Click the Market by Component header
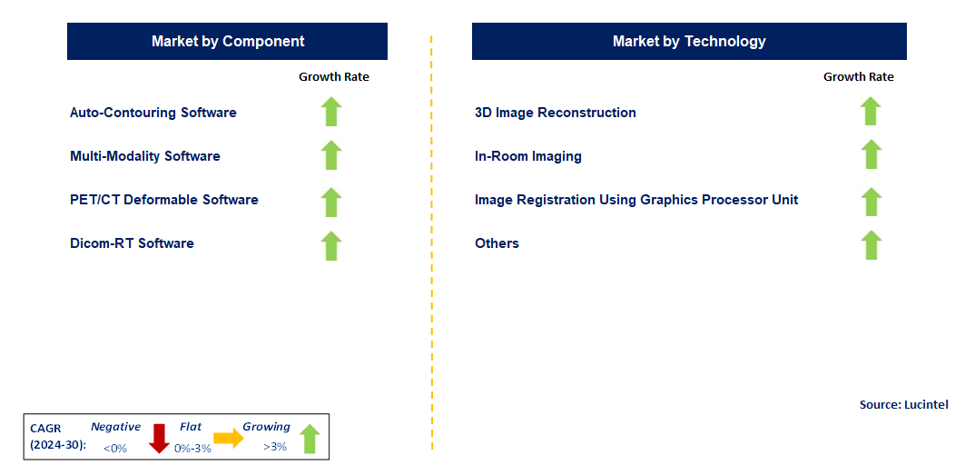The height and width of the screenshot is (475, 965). tap(227, 42)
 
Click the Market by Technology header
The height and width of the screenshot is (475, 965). tap(689, 42)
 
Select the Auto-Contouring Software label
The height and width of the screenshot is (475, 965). tap(153, 113)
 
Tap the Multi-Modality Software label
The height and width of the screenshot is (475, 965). tap(145, 156)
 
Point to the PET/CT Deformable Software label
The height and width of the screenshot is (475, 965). tap(164, 200)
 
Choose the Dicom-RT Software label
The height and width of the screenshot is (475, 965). tap(132, 243)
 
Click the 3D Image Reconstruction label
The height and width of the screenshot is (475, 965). tap(556, 113)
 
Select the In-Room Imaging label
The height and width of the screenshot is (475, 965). tap(528, 156)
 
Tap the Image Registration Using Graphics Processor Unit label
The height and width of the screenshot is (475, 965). tap(636, 200)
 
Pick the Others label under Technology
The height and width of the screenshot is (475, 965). tap(497, 243)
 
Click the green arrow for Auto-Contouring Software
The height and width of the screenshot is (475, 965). tap(331, 112)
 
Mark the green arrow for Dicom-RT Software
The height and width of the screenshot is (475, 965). tap(331, 245)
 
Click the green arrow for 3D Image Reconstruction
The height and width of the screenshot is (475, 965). tap(871, 112)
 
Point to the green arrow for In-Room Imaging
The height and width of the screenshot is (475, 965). tap(871, 154)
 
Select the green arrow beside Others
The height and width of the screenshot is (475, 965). tap(871, 245)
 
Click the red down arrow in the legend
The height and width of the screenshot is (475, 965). tap(160, 438)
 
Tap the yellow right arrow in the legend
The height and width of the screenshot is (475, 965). tap(229, 438)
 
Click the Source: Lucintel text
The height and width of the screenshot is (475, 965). tap(902, 404)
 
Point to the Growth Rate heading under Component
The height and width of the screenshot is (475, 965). tap(334, 77)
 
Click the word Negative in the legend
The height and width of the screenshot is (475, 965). tap(116, 427)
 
